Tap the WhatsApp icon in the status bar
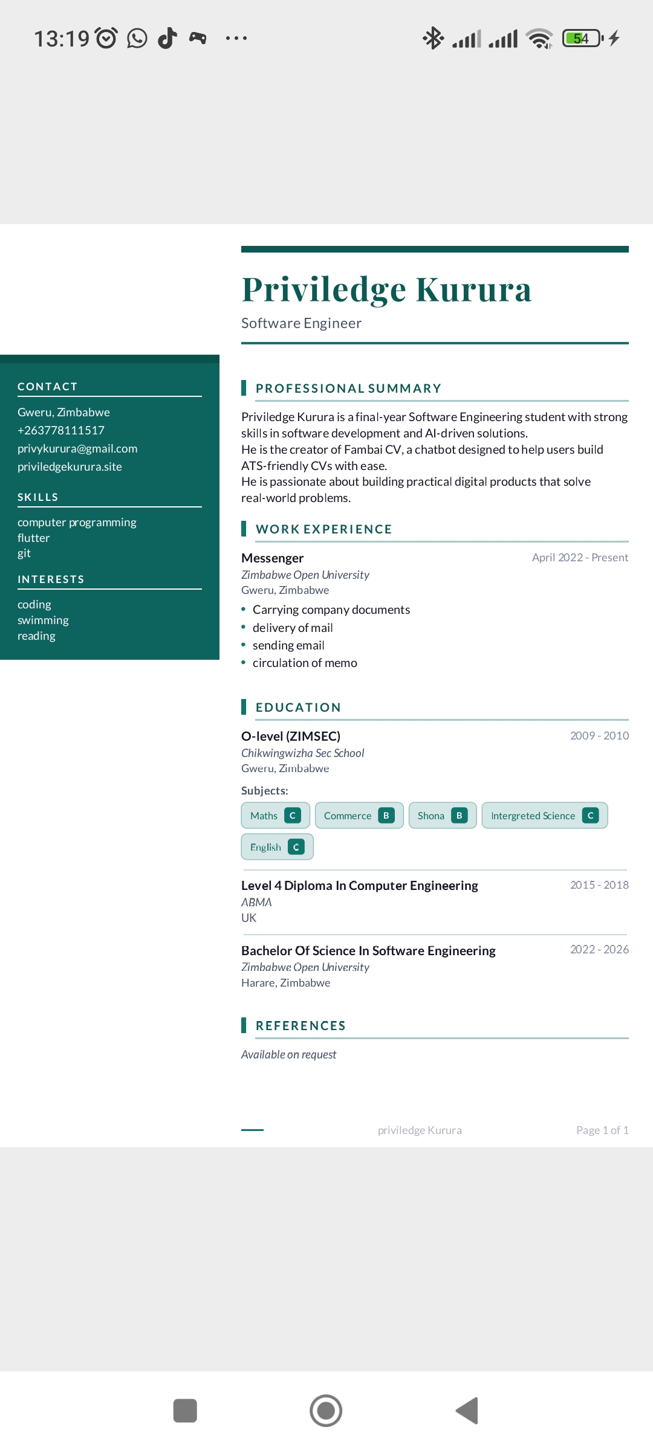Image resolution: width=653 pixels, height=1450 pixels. [137, 39]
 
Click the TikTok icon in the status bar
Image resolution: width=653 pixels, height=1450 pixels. [167, 38]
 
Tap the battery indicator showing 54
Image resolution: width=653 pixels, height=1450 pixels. [582, 39]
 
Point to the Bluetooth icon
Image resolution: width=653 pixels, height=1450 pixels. [433, 38]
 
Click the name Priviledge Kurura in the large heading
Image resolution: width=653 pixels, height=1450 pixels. [386, 289]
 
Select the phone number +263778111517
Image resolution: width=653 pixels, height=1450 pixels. [61, 430]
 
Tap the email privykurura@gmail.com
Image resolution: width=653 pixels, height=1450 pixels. [77, 448]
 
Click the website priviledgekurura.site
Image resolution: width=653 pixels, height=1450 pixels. [70, 466]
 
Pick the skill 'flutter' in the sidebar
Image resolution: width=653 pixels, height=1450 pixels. [34, 538]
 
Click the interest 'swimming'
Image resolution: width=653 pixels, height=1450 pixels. [43, 620]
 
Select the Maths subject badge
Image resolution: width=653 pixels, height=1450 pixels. [275, 816]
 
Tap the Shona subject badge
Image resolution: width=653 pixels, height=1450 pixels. [442, 816]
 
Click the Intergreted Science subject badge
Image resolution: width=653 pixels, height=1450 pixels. [544, 816]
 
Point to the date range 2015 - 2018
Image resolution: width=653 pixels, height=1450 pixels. [599, 885]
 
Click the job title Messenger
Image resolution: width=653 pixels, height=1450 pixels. [272, 558]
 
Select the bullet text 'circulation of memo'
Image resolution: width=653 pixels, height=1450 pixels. [305, 663]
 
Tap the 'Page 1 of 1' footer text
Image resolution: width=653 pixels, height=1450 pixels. [602, 1130]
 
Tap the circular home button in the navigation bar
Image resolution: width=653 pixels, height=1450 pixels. [326, 1411]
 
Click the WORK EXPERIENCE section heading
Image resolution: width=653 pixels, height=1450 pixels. [324, 529]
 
